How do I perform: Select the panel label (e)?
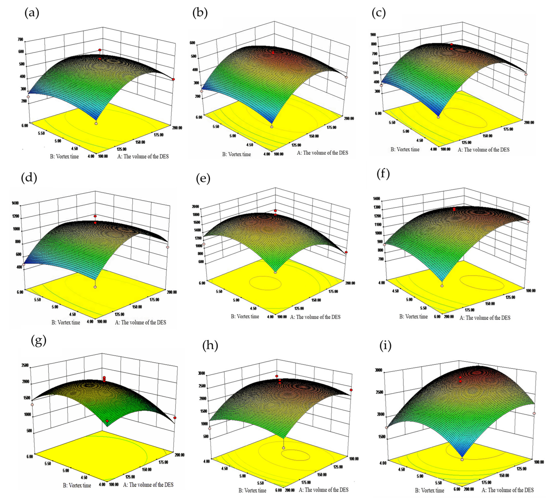[203, 179]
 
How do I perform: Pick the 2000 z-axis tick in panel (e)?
[196, 207]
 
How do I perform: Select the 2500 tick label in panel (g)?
[25, 365]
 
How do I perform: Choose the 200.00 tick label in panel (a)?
[177, 128]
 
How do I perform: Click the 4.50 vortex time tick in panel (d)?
[73, 314]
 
